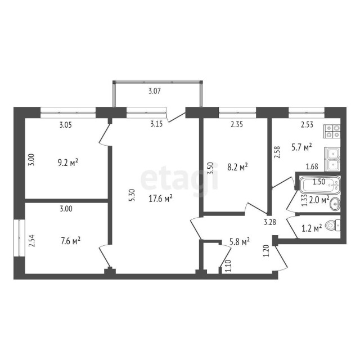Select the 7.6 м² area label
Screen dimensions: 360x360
point(70,241)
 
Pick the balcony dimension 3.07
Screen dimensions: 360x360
point(157,91)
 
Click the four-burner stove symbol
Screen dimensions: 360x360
point(332,131)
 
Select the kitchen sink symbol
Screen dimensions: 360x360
point(332,158)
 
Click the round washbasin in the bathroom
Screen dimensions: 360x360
point(335,203)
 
